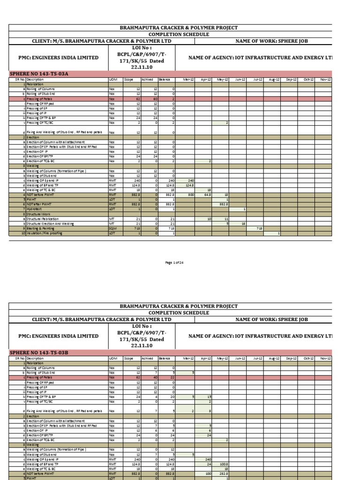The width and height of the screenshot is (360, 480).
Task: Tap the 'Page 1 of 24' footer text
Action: (174, 262)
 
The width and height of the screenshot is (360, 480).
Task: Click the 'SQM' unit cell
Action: (112, 228)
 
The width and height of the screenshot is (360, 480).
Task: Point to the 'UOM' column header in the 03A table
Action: (113, 80)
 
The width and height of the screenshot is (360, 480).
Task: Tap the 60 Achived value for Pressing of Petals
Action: (154, 99)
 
